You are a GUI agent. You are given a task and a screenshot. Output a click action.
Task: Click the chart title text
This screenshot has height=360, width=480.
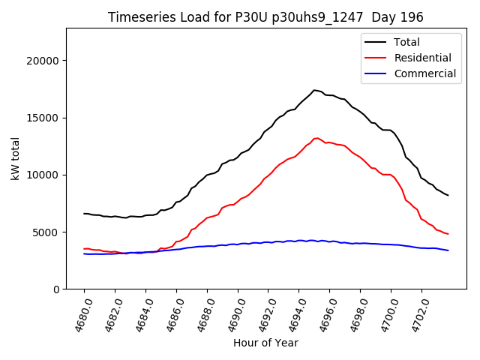pos(265,17)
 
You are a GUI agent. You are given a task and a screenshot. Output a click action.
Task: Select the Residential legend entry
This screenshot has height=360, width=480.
pos(422,58)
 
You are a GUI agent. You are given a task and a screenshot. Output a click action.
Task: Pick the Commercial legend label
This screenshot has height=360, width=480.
pos(424,73)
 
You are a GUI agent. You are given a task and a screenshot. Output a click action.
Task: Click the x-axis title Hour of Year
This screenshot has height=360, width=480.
pos(265,343)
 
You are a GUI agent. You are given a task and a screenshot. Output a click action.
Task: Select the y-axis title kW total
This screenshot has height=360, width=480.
pos(16,159)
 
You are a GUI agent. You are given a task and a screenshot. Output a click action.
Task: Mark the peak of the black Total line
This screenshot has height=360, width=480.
pos(314,90)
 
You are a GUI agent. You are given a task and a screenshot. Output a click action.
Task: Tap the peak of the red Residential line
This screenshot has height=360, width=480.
pos(316,138)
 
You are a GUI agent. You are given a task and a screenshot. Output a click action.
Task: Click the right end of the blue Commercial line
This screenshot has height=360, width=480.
pos(448,250)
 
